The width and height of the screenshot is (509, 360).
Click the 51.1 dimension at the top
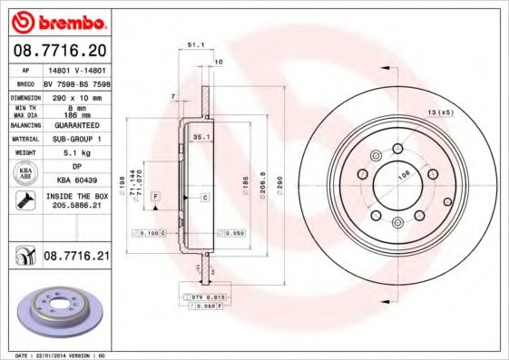coord(194,43)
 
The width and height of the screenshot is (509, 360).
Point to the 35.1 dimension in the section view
coord(201,137)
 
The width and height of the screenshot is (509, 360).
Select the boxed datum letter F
coord(156,196)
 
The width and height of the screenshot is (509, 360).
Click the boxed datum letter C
coord(204,196)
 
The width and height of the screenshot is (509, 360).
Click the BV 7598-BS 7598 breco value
coord(76,81)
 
